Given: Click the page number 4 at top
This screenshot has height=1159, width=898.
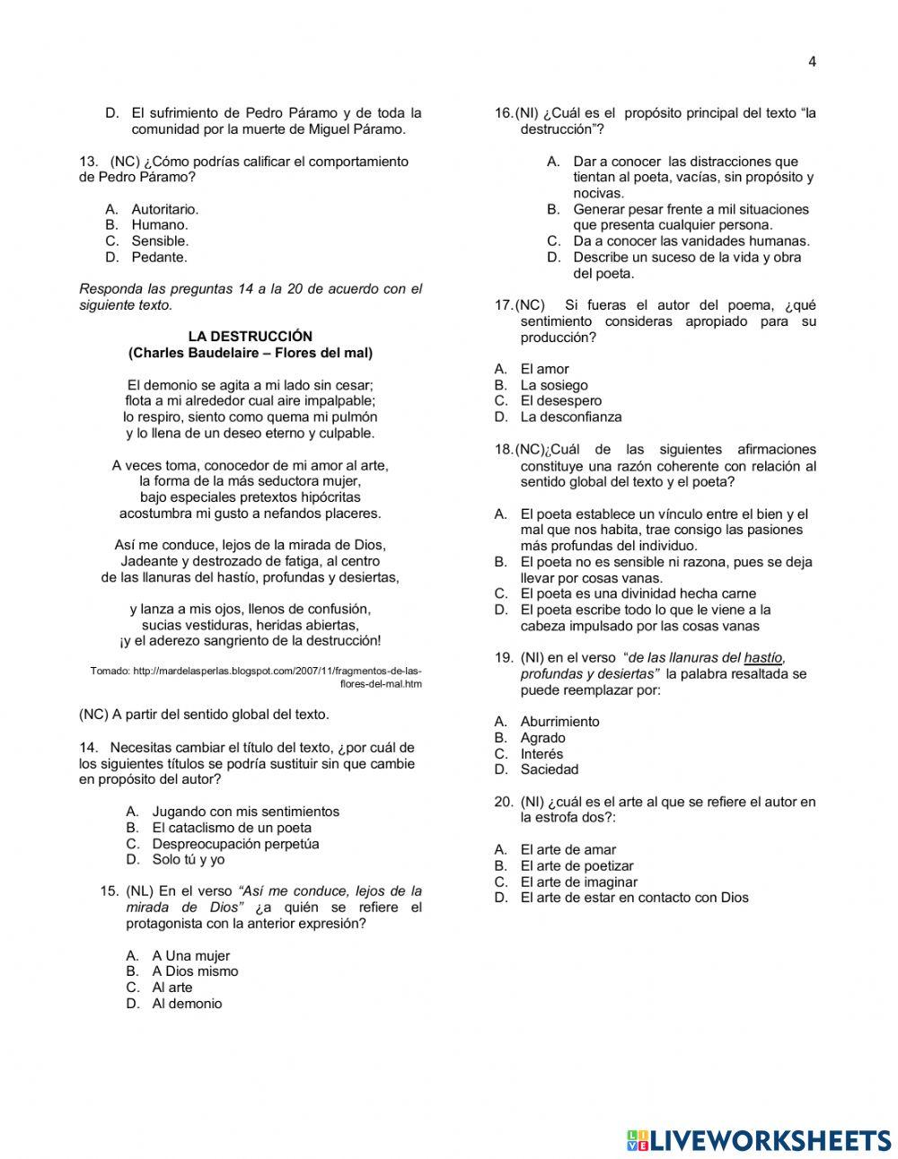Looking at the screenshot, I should [x=812, y=62].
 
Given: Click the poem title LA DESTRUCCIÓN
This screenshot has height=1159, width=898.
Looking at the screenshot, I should [x=250, y=337].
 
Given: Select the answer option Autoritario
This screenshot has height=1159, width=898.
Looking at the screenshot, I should [x=164, y=209].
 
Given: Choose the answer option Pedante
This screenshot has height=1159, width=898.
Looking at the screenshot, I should [x=159, y=258].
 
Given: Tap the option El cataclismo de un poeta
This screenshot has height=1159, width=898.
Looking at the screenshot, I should [x=232, y=828].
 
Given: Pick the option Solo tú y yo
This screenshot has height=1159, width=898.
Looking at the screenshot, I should [x=189, y=860].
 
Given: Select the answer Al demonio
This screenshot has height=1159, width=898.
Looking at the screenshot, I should [x=187, y=1004].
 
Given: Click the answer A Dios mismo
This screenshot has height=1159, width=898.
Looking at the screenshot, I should [x=195, y=971].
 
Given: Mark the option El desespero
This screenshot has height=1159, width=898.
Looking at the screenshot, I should [x=560, y=401].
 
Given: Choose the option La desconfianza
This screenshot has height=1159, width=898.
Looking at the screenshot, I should [x=570, y=417].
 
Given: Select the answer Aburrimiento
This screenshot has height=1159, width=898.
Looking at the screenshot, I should [x=559, y=722].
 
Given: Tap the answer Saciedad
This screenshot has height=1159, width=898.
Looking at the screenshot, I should [x=549, y=769].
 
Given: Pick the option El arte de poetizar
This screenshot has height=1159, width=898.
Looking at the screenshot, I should [x=577, y=866].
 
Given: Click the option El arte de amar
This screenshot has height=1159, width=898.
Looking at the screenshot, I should [x=568, y=850].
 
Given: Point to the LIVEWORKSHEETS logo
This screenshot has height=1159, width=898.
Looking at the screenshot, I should [x=758, y=1140].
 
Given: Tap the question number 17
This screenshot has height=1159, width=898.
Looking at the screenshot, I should [x=503, y=305].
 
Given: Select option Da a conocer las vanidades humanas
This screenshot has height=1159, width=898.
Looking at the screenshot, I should [x=691, y=241].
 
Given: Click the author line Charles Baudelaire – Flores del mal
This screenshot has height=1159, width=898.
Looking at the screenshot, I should [x=250, y=353].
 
